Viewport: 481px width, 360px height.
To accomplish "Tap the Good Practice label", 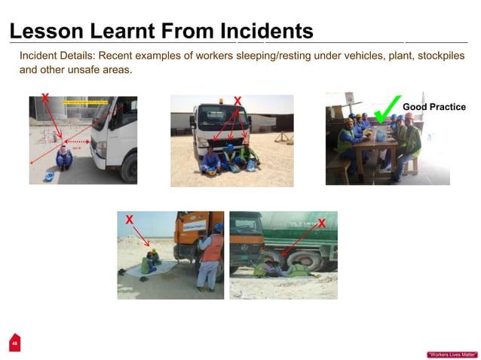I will point(434,107).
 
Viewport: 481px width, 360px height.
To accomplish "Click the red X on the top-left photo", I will point(45,98).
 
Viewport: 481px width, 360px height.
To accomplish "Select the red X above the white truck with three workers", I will point(237,101).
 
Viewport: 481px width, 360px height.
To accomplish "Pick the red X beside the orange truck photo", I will point(129,219).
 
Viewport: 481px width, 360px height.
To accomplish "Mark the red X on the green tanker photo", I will point(322,223).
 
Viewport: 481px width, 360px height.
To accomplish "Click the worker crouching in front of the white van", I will point(64,157).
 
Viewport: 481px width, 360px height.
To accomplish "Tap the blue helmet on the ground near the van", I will point(49,176).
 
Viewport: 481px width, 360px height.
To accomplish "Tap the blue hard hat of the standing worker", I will point(217,227).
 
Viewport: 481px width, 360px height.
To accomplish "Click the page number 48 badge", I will point(13,343).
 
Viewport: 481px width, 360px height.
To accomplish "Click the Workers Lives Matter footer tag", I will point(452,354).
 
